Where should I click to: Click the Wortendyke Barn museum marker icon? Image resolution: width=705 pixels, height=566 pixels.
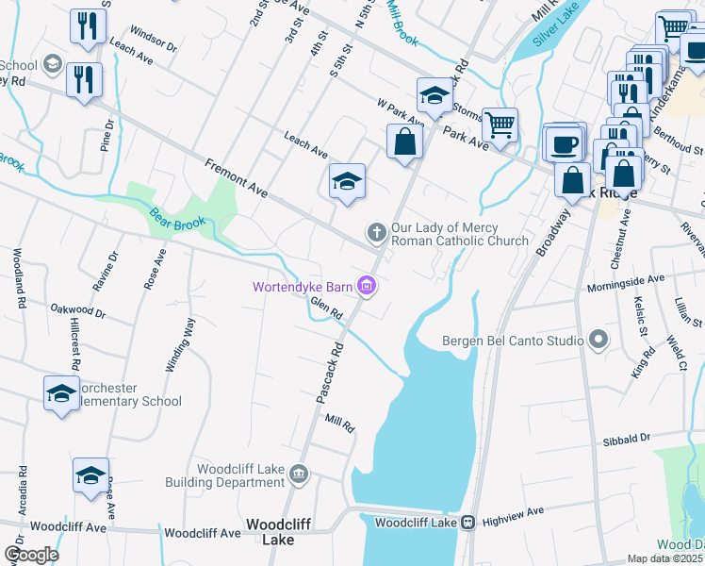368,287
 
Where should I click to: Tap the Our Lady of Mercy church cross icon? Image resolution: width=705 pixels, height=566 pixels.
375,231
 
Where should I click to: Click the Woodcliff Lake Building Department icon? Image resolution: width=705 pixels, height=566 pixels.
299,473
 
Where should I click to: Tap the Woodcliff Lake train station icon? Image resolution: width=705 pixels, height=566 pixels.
467,522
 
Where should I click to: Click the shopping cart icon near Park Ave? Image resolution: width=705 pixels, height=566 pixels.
499,123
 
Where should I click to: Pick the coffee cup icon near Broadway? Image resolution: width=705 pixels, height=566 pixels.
564,143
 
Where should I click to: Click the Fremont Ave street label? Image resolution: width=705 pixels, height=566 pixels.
238,178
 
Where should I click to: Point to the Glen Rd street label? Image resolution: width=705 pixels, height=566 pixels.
325,309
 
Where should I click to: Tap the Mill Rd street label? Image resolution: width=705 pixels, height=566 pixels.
338,424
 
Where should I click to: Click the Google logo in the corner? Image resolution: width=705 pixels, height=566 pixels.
31,555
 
